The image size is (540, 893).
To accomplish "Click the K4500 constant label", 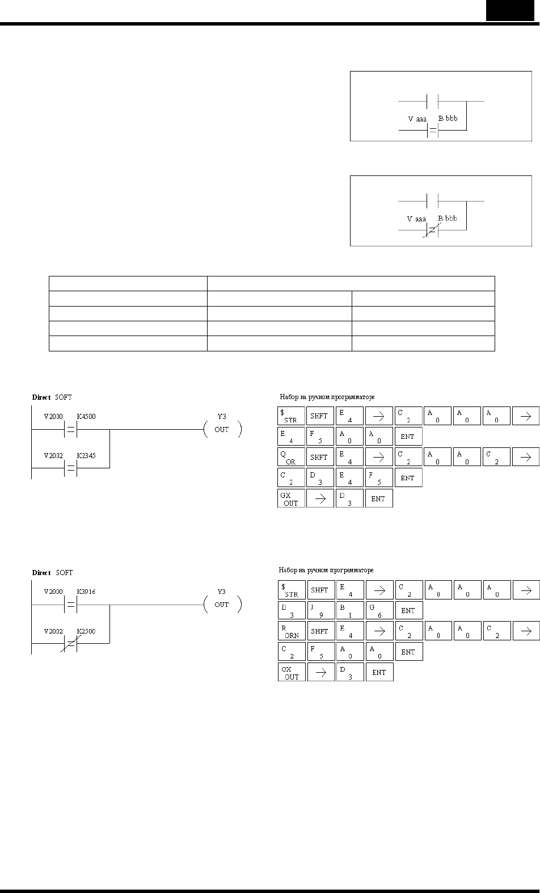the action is [x=86, y=417].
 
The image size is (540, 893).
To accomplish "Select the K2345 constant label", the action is [x=86, y=456].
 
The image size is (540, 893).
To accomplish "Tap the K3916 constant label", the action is [x=86, y=592].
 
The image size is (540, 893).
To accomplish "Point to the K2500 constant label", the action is [x=86, y=631].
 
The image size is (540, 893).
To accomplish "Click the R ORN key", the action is [x=292, y=631].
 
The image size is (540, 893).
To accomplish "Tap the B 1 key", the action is [x=351, y=610].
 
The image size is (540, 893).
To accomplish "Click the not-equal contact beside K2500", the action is [x=70, y=643].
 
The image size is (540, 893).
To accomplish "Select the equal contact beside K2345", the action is [x=70, y=468].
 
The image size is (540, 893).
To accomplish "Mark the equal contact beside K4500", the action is [x=70, y=429].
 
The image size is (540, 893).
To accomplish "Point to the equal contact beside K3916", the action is [x=70, y=605].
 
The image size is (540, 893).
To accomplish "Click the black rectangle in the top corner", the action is [x=510, y=10].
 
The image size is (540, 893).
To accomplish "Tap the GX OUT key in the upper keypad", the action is [x=291, y=498].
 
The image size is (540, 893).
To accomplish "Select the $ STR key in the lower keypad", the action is [x=292, y=590].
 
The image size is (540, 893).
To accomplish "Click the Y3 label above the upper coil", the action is [x=222, y=417].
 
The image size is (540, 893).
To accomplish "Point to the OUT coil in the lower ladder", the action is [x=222, y=605].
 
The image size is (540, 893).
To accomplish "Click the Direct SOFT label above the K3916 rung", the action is [x=52, y=572].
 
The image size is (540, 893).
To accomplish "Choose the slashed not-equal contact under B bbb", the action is [x=432, y=230].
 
